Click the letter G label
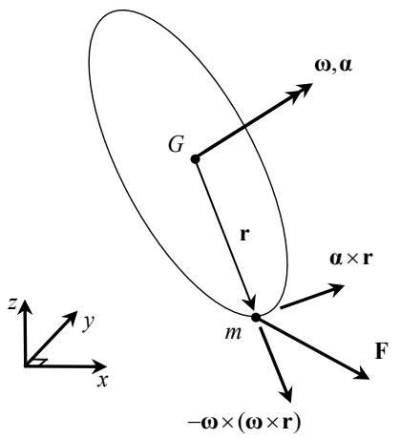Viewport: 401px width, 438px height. pos(177,144)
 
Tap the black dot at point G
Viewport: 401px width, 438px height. pos(195,158)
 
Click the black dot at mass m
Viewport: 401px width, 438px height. pos(256,318)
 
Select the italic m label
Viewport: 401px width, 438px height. pos(233,333)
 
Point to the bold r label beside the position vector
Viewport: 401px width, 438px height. pos(244,235)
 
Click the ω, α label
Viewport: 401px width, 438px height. pos(333,66)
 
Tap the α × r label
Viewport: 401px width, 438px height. pos(351,259)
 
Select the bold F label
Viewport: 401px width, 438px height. pos(381,351)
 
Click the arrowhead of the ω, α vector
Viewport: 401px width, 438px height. pos(301,92)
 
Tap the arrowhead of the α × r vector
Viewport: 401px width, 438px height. pos(335,289)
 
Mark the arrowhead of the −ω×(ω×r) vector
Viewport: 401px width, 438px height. pos(286,394)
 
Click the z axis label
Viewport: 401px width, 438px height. pos(12,304)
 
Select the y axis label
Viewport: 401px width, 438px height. pos(89,323)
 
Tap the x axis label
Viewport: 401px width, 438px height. pos(103,381)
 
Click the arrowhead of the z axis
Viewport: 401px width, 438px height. pos(25,306)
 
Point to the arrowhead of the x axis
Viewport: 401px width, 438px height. pos(99,366)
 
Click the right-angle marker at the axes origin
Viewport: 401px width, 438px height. pos(39,362)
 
